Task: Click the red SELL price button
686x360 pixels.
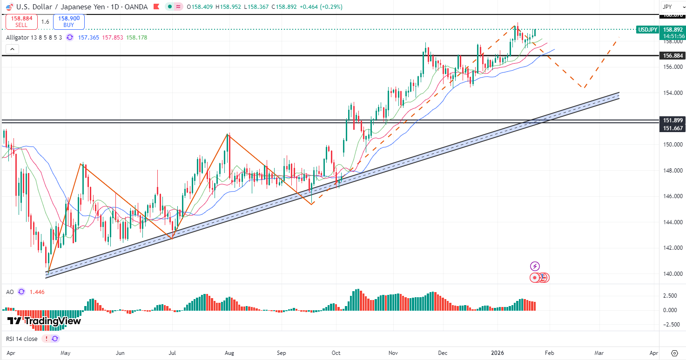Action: tap(21, 21)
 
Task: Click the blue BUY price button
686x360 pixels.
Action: tap(69, 21)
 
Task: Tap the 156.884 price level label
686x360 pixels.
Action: tap(672, 56)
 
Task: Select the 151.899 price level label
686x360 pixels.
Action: tap(672, 120)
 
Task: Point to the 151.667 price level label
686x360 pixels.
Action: tap(672, 128)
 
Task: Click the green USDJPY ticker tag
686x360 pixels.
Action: tap(647, 30)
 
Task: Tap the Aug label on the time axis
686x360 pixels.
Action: tap(229, 353)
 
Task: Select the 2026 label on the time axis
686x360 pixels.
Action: tap(498, 353)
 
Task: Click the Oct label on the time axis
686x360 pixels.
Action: tap(336, 353)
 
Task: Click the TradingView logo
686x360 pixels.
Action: tap(44, 321)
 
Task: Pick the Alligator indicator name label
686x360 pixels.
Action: tap(34, 38)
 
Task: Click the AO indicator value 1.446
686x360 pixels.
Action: tap(37, 292)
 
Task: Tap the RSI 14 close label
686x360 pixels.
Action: tap(21, 339)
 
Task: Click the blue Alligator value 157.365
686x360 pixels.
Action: tap(88, 38)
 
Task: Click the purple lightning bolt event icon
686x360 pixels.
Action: tap(535, 267)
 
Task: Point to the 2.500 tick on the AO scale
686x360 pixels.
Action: tap(670, 296)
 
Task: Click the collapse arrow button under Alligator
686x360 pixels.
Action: tap(12, 49)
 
